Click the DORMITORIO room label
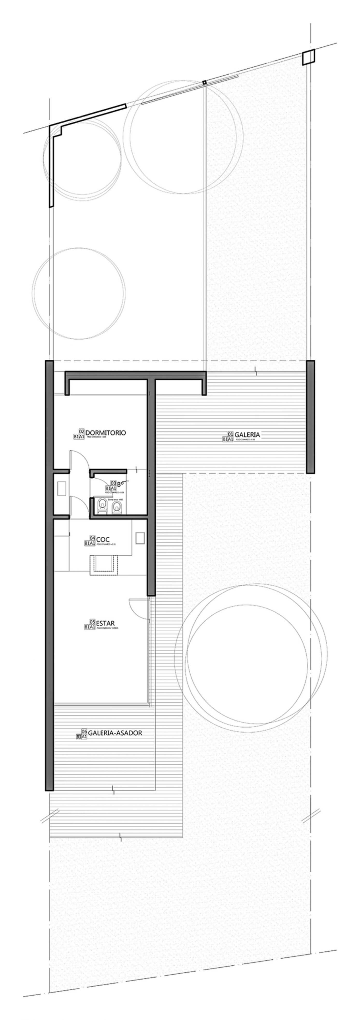pos(105,432)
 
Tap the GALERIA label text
pos(247,434)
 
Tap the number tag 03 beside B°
pos(113,483)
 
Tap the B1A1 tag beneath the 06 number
pos(81,736)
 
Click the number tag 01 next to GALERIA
pos(231,434)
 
